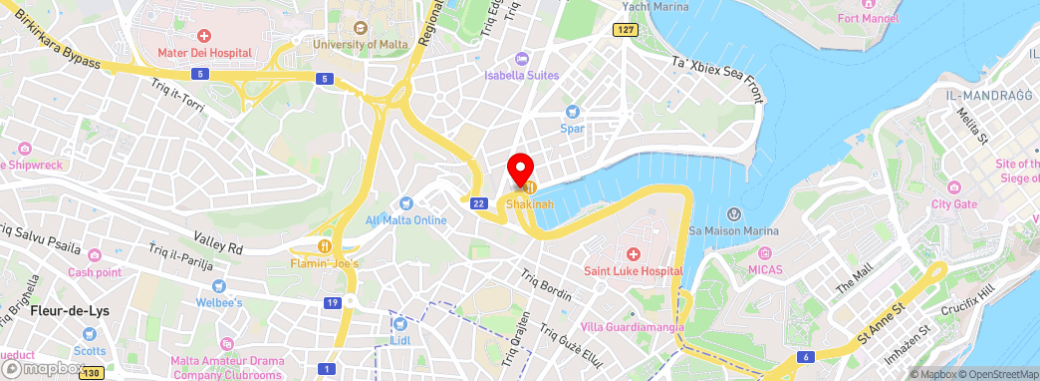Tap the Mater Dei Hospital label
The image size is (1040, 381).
(x=205, y=52)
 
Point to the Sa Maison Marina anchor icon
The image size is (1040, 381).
(x=733, y=214)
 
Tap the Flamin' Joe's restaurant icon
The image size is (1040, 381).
(x=324, y=246)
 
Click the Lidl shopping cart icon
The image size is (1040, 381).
(x=400, y=324)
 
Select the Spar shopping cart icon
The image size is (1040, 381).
(x=572, y=112)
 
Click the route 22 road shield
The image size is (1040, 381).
(x=479, y=203)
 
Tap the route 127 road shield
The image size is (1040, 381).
(x=625, y=30)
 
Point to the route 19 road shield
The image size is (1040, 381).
(x=333, y=302)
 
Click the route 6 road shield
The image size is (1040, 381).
(x=803, y=356)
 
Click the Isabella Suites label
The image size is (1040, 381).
(x=522, y=75)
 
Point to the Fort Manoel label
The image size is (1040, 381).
(x=897, y=18)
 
